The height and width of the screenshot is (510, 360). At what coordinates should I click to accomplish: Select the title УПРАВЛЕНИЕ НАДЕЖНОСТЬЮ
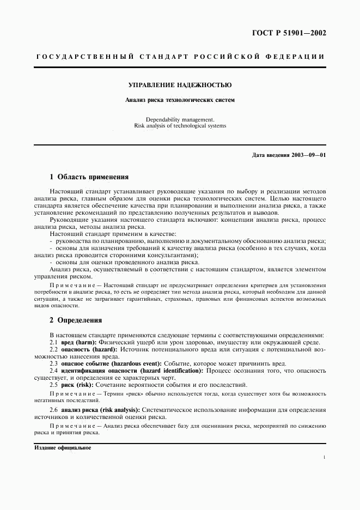click(180, 86)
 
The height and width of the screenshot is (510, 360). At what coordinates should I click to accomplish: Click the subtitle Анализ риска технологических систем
click(180, 100)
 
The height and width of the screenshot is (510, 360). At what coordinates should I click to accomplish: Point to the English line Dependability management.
click(180, 119)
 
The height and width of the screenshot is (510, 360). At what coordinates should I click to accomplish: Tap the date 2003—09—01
click(308, 155)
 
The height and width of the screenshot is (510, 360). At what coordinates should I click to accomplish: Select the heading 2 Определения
click(76, 320)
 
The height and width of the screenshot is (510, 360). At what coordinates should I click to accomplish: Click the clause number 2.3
click(54, 363)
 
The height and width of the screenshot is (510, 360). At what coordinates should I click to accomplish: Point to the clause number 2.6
click(54, 410)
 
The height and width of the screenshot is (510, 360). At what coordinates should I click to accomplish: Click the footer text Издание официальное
click(63, 448)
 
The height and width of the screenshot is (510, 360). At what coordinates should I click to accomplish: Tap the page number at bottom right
click(325, 459)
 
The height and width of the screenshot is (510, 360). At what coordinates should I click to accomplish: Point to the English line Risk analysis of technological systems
click(180, 126)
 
